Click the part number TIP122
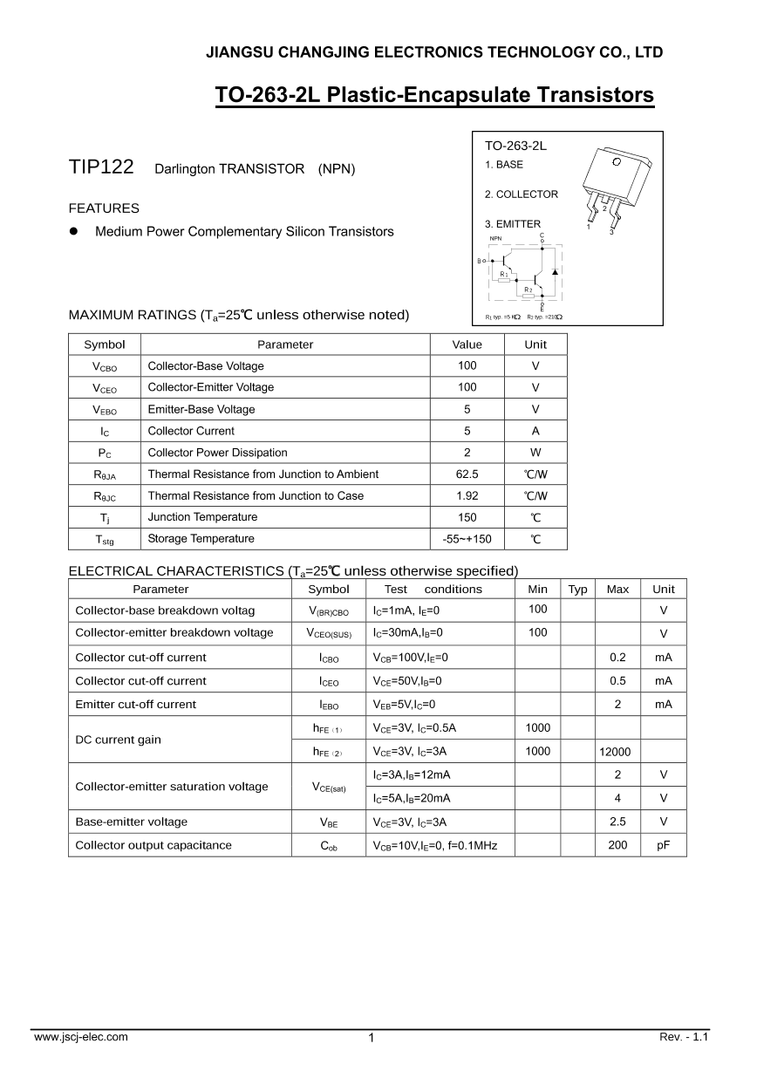click(101, 167)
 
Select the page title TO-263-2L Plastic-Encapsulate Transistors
click(434, 95)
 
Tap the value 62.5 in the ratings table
click(467, 474)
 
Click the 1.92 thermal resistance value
click(467, 495)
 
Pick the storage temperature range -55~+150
click(467, 539)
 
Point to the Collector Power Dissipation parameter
click(217, 453)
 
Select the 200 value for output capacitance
click(617, 845)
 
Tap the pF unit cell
click(664, 845)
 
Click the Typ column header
click(577, 590)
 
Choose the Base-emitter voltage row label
click(131, 822)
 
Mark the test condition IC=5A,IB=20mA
click(412, 798)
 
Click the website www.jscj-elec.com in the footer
click(80, 1037)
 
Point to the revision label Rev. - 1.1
click(685, 1037)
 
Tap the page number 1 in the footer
click(372, 1038)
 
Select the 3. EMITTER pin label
click(513, 224)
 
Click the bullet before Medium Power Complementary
click(74, 232)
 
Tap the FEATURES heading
click(104, 208)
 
